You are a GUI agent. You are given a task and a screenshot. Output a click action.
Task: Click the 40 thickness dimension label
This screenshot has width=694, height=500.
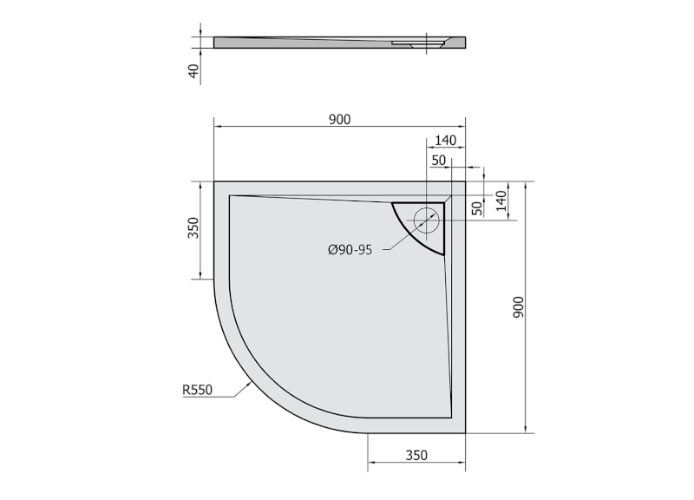[x=194, y=69]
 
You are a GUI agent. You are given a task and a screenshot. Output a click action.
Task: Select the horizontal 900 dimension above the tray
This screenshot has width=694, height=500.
[x=339, y=119]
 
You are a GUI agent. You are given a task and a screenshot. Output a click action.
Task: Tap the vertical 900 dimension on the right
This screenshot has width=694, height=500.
[x=518, y=307]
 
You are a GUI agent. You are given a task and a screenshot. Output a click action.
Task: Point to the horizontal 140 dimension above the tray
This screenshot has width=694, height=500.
[x=446, y=140]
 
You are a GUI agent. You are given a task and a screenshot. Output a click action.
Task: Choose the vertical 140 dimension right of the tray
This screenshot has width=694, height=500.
[x=501, y=201]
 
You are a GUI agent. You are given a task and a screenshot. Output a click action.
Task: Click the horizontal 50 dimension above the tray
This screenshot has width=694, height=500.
[x=437, y=160]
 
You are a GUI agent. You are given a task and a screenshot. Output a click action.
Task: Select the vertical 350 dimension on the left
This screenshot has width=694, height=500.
[x=194, y=228]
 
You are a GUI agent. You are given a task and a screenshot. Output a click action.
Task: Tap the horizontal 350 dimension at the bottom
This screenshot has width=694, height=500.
[x=417, y=454]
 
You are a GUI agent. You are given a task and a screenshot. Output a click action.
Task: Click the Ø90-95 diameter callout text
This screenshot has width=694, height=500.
[x=350, y=250]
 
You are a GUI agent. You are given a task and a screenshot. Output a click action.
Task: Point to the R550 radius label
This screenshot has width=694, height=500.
[x=197, y=391]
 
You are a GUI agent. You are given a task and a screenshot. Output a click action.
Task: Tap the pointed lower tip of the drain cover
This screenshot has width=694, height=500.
[x=443, y=253]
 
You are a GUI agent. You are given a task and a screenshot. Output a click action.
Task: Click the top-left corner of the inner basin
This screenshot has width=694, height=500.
[x=229, y=196]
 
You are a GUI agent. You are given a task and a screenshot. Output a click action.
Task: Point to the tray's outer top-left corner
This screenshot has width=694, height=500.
[x=214, y=181]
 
